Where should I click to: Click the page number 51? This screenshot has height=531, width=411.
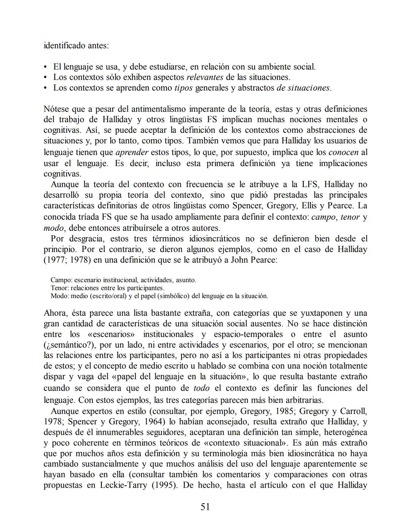tap(205, 507)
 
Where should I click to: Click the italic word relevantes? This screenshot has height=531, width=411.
tap(205, 77)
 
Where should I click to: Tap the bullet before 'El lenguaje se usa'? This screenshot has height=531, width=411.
tap(46, 67)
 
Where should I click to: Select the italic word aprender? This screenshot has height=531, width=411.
tap(131, 152)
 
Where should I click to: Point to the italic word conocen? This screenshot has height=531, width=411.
tap(343, 152)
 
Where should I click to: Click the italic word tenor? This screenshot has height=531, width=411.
tap(350, 217)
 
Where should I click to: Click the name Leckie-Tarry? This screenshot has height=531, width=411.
tap(123, 485)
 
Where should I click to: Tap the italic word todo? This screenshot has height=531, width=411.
tap(201, 388)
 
